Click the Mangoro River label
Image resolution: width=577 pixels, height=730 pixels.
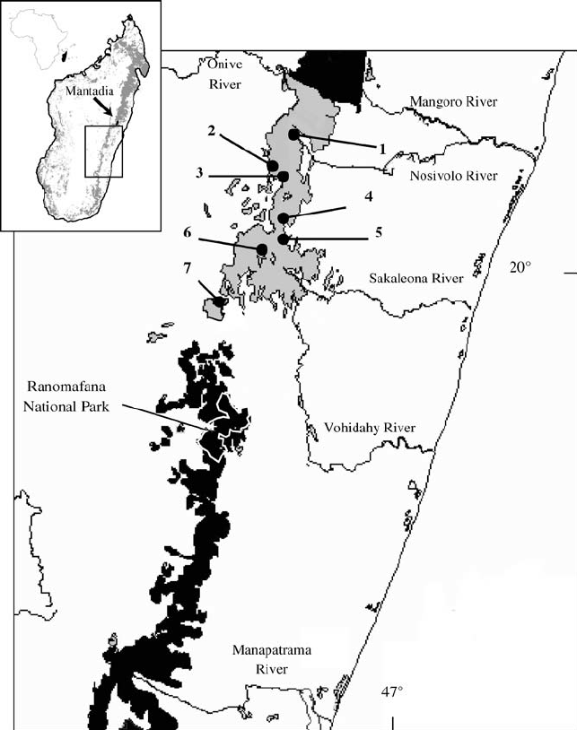click(x=450, y=102)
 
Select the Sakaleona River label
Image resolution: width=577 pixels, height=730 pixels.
click(x=416, y=279)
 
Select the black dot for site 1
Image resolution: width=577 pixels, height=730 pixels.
click(x=293, y=134)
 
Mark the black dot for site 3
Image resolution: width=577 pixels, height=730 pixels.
click(x=284, y=176)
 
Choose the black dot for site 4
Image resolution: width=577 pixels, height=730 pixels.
click(x=284, y=218)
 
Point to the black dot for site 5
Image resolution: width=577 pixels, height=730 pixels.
click(x=284, y=239)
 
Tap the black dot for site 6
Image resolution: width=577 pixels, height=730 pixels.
click(x=262, y=249)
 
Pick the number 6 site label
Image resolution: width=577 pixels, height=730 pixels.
click(x=187, y=232)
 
